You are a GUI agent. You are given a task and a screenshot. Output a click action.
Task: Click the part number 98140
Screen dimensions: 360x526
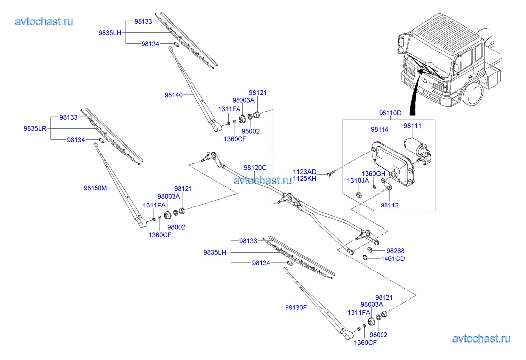pos(174,94)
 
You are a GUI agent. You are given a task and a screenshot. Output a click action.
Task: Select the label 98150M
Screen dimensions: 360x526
pos(95,188)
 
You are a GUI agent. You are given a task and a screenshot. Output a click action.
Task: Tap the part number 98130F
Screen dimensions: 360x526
pos(296,307)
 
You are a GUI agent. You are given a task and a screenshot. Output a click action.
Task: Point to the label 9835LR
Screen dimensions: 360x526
pos(35,128)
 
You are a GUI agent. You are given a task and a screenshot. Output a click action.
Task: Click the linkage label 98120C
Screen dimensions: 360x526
pos(255,168)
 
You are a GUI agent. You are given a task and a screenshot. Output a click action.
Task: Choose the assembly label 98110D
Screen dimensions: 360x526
pos(390,113)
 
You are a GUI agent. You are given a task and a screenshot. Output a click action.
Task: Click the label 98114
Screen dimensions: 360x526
pos(379,129)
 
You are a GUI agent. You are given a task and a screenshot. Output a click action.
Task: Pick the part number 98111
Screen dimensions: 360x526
pos(412,126)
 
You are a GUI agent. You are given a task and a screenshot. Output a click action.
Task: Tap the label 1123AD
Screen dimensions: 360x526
pos(304,171)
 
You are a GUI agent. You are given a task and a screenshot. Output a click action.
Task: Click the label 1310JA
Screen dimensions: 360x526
pos(357,180)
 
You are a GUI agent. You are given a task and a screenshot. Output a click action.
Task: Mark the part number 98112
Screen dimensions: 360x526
pos(389,205)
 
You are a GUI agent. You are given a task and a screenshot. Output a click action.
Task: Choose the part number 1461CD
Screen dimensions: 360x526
pos(393,258)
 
